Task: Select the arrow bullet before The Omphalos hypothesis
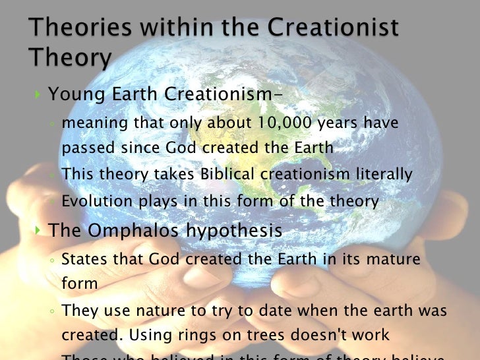pos(37,231)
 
